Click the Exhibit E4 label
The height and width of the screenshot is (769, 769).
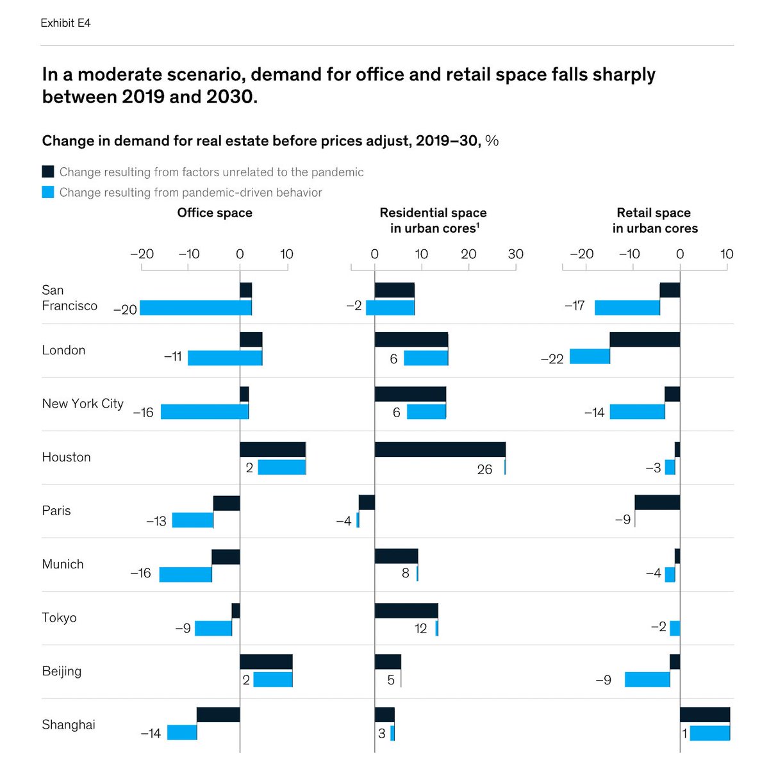coord(65,23)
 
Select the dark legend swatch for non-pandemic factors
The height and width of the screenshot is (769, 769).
coord(48,172)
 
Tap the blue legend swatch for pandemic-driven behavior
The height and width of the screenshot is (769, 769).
coord(48,192)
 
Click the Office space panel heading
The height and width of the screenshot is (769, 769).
coord(215,213)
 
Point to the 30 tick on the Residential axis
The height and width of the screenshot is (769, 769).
coord(515,254)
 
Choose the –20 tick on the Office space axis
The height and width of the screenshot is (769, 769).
coord(142,254)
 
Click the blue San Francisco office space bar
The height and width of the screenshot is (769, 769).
coord(195,308)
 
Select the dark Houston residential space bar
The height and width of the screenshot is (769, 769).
coord(440,449)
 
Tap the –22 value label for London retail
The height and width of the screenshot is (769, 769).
coord(552,359)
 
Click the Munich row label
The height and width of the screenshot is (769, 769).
coord(63,564)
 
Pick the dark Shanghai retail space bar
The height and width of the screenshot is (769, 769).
coord(704,715)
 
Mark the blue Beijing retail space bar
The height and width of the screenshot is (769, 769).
coord(647,679)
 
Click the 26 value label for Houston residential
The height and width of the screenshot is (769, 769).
coord(484,470)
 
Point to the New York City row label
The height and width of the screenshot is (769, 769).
coord(83,404)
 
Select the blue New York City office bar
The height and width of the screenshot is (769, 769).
coord(204,411)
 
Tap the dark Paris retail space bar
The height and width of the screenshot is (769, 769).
coord(657,502)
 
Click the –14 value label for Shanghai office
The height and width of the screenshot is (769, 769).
coord(151,733)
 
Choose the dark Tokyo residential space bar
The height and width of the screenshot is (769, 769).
coord(406,611)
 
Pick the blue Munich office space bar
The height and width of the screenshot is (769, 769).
coord(185,574)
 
